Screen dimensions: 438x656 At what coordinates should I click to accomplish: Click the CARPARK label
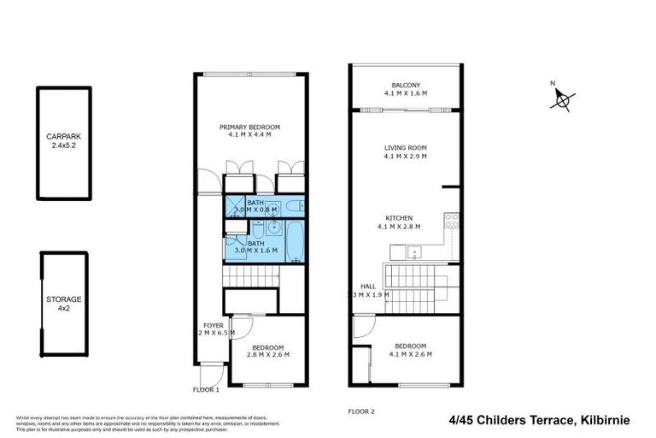click(64, 136)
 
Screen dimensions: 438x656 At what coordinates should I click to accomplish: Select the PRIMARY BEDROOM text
click(255, 127)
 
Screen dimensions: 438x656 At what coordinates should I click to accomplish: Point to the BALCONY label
click(406, 86)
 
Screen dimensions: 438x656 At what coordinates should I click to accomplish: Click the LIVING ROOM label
click(406, 148)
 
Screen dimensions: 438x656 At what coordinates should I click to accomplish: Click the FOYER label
click(212, 326)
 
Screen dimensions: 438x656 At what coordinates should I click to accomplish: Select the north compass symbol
click(563, 101)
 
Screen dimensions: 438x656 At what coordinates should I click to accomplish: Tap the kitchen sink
click(413, 252)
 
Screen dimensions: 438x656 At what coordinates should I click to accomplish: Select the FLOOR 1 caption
click(205, 389)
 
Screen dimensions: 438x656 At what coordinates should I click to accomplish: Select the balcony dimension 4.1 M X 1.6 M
click(406, 93)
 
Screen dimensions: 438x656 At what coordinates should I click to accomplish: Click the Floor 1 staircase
click(251, 277)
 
